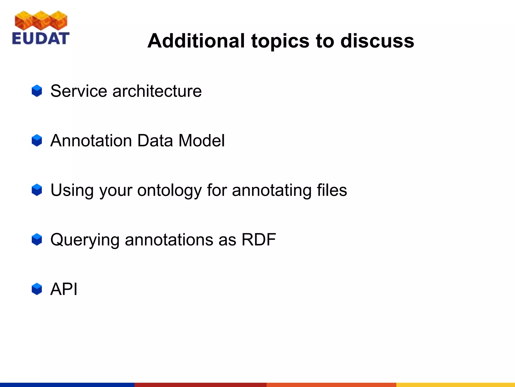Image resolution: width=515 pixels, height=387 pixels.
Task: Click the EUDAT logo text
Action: [x=40, y=39]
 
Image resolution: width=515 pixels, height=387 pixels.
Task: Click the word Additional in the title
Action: [x=196, y=41]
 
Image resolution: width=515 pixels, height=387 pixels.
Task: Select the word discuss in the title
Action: [x=377, y=41]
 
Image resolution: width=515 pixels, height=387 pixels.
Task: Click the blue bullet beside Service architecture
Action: [x=37, y=91]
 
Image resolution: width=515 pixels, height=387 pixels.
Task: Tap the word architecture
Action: [x=157, y=91]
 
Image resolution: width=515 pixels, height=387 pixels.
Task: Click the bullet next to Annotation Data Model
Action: [x=37, y=140]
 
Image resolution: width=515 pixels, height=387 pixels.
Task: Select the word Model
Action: [x=201, y=140]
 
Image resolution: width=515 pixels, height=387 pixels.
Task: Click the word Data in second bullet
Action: [x=155, y=140]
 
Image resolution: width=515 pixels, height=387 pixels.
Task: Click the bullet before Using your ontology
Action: [x=37, y=190]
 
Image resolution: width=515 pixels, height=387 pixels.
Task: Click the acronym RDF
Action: [x=259, y=239]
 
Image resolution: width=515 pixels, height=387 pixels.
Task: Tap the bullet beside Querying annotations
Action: [x=37, y=239]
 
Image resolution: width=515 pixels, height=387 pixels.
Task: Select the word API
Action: [x=64, y=289]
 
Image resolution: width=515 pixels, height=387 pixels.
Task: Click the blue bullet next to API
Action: [x=37, y=289]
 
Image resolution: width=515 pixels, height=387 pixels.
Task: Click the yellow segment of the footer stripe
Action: [x=455, y=385]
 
